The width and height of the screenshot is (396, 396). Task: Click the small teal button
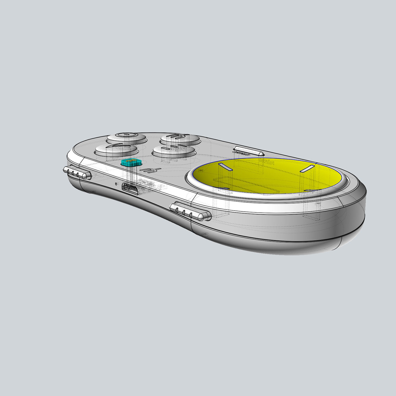pyautogui.click(x=131, y=162)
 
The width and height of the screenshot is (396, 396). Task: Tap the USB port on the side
pyautogui.click(x=130, y=188)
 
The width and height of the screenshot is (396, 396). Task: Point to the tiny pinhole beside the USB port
pyautogui.click(x=116, y=183)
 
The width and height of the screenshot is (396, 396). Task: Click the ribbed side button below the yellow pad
pyautogui.click(x=190, y=211)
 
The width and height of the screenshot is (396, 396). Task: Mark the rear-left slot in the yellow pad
pyautogui.click(x=225, y=167)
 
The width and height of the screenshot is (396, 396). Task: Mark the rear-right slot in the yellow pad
pyautogui.click(x=307, y=168)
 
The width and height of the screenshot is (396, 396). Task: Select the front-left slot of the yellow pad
pyautogui.click(x=223, y=188)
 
